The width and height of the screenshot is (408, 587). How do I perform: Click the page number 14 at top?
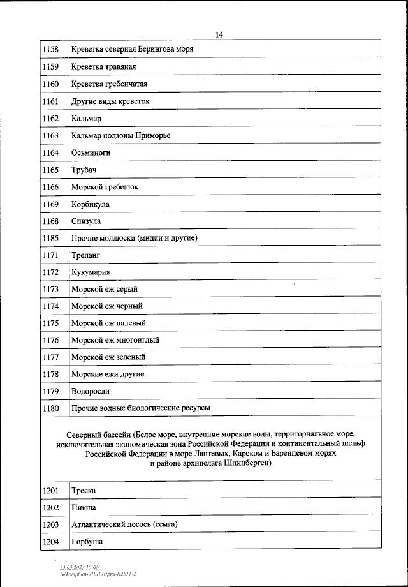click(219, 34)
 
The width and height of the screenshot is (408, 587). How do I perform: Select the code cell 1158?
click(50, 49)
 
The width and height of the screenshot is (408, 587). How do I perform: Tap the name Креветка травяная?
click(103, 66)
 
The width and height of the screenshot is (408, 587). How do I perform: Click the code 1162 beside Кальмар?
click(50, 118)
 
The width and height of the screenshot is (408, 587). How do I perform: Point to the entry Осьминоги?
click(91, 152)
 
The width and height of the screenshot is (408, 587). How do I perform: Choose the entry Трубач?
click(84, 170)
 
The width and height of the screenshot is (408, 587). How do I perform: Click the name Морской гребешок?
click(105, 187)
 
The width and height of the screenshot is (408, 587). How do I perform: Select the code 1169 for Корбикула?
click(50, 204)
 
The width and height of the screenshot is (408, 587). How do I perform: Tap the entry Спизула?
click(86, 221)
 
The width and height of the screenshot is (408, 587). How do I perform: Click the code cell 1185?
click(50, 238)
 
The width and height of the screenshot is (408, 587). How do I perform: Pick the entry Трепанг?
click(85, 255)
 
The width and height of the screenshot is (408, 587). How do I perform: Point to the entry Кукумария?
click(92, 272)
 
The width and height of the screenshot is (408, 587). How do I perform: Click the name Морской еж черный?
click(106, 306)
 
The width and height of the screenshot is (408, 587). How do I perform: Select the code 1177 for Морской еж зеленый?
click(50, 357)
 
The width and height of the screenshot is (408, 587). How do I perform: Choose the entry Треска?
click(84, 490)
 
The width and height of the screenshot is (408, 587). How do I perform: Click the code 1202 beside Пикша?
click(50, 507)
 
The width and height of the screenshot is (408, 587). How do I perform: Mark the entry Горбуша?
click(87, 542)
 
